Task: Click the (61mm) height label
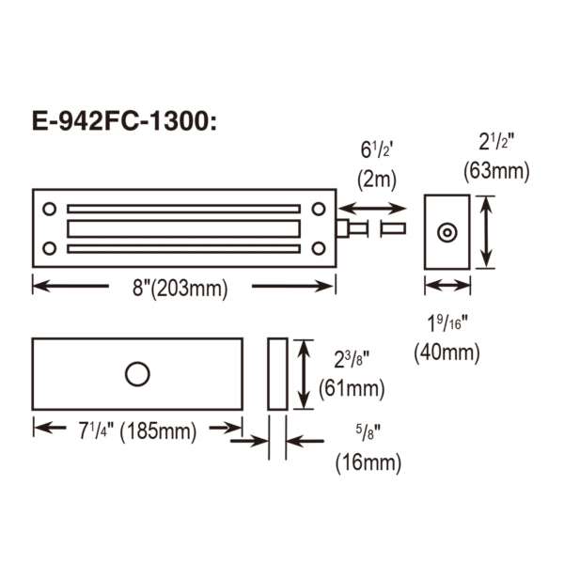[x=352, y=387]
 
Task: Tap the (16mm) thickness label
[x=368, y=462]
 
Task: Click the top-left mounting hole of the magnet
[x=49, y=208]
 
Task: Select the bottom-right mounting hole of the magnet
[x=319, y=248]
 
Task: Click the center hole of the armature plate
[x=137, y=373]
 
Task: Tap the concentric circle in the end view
[x=447, y=231]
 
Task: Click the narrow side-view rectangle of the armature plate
[x=277, y=373]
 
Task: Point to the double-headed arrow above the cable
[x=373, y=208]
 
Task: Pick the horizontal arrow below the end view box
[x=447, y=286]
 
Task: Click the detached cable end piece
[x=393, y=228]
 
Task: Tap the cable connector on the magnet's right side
[x=349, y=228]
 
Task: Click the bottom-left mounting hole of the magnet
[x=49, y=248]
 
